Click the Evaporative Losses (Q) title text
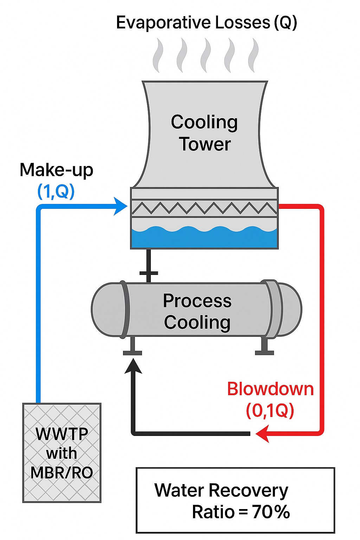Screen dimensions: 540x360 (206, 23)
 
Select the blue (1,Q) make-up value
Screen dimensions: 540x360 (56, 192)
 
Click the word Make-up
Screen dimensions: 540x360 (56, 170)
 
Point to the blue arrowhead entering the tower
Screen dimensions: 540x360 (121, 206)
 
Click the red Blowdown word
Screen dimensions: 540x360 (270, 389)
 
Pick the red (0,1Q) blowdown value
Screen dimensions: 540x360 (270, 410)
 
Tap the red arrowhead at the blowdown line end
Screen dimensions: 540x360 (262, 433)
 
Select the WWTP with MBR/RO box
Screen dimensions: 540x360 (62, 453)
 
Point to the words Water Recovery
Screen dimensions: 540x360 (221, 490)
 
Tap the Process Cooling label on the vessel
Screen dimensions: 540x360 (197, 311)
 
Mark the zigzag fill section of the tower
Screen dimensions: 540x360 (204, 208)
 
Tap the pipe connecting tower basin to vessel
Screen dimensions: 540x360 (148, 265)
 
